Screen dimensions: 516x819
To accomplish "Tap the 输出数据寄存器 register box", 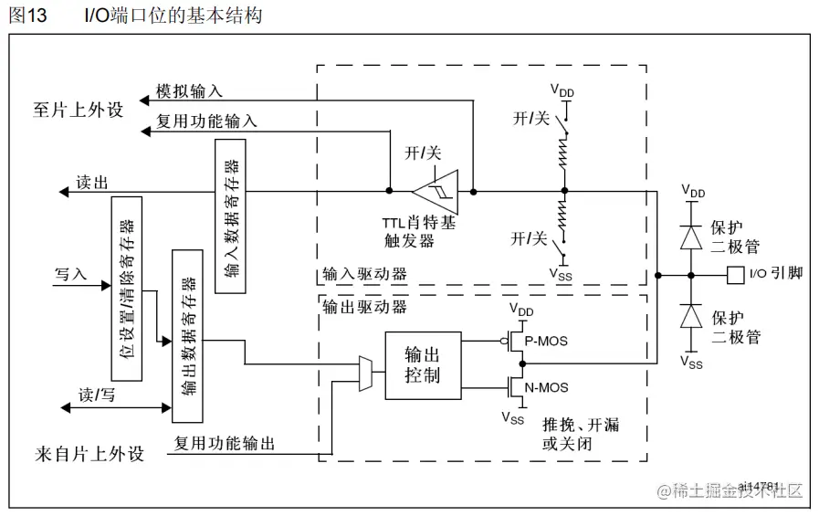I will click(x=186, y=335).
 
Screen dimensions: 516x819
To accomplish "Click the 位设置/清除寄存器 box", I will click(x=126, y=289).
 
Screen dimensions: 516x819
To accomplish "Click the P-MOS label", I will click(x=547, y=341).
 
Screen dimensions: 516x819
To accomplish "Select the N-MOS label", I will click(x=547, y=387).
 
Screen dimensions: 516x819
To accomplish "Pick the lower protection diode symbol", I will click(x=691, y=316).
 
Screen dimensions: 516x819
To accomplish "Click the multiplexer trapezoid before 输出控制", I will click(x=365, y=374).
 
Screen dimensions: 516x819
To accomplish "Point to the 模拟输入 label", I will click(x=188, y=92).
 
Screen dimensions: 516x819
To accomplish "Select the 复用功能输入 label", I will click(x=206, y=121).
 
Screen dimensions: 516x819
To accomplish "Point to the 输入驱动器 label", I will click(x=364, y=273).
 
